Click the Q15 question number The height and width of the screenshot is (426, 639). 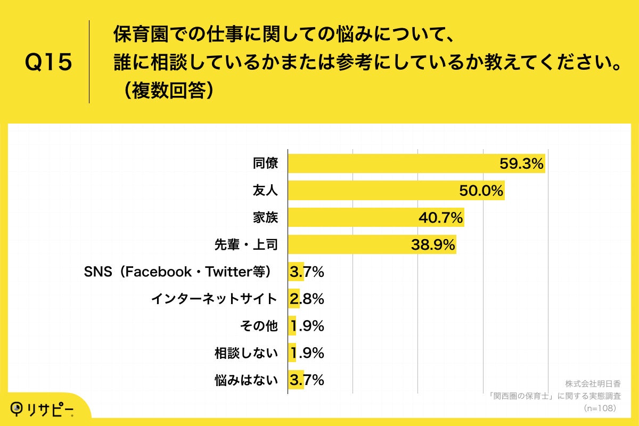coord(48,63)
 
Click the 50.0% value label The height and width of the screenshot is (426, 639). coord(481,191)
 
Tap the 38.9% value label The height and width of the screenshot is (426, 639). coord(433,244)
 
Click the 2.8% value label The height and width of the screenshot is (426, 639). coord(307,299)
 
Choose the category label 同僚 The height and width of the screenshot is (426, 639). coord(265,163)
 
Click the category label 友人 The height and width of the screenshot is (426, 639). coord(265,191)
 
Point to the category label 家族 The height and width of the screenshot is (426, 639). coord(265,217)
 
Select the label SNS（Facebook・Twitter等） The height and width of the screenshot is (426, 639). coord(181,272)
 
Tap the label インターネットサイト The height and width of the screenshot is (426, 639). coord(214,299)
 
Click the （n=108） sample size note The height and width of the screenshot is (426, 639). coord(600,408)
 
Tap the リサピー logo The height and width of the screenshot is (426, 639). coord(43,409)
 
